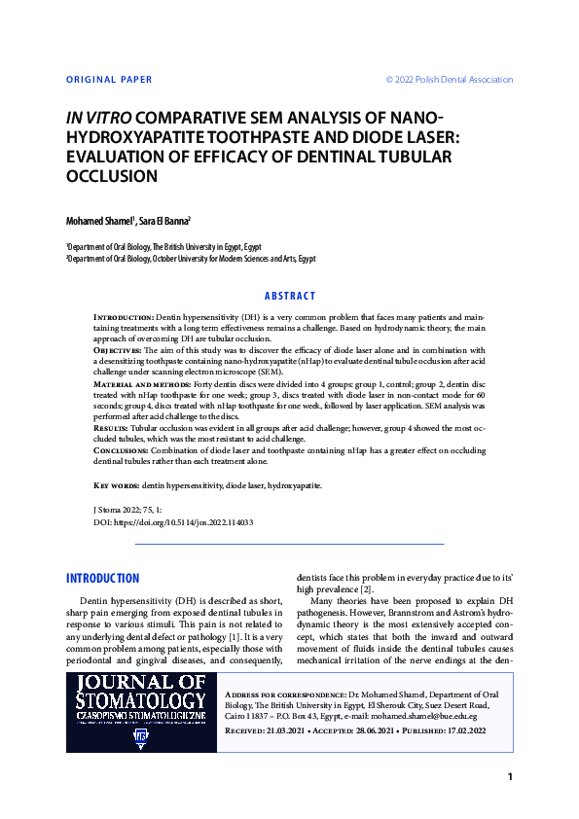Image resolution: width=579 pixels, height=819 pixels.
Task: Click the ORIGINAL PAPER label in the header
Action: [x=109, y=80]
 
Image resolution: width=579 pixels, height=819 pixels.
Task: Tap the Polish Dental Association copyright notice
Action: [x=449, y=80]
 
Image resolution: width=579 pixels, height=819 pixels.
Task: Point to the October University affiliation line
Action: [x=191, y=259]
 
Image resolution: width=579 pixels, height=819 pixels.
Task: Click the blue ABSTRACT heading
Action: [x=290, y=296]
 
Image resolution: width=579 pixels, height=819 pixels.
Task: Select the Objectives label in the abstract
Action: [x=117, y=347]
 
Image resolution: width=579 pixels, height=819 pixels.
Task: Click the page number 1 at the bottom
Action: [x=509, y=776]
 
